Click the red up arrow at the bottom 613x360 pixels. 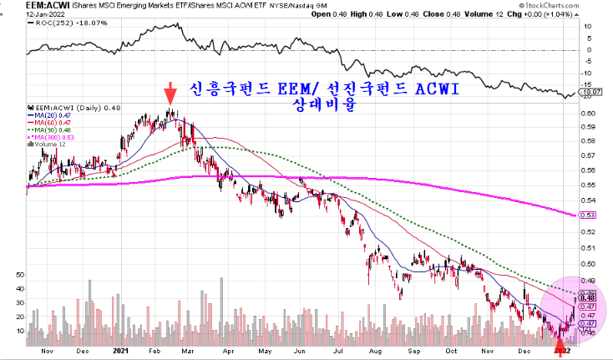558,336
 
